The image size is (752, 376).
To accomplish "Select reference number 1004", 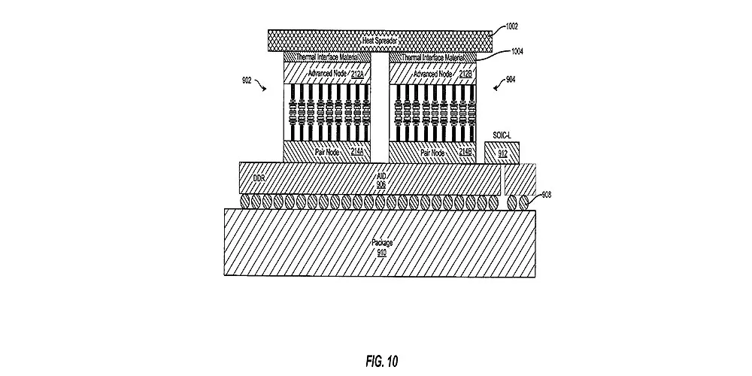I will tap(517, 51).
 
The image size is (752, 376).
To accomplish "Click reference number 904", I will tap(511, 79).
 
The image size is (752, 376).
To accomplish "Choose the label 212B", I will tap(464, 74).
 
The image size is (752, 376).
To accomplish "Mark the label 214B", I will tap(464, 152).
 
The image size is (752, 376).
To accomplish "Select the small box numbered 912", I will tap(502, 154).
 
